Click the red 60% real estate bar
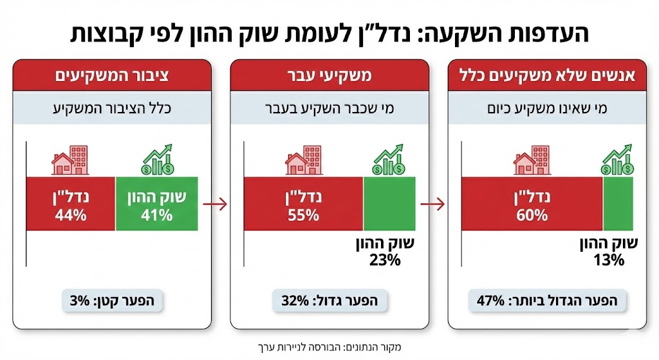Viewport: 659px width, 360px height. (532, 204)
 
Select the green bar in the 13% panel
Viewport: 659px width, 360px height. (618, 204)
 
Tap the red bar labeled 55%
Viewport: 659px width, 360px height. (303, 204)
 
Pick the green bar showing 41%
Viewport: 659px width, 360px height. (156, 204)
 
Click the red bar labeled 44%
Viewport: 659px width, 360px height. (71, 204)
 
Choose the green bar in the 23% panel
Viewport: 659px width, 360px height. (389, 204)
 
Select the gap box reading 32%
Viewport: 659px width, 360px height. (329, 300)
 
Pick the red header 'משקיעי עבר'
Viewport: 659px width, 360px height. (329, 75)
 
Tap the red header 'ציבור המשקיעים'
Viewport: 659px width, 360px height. (111, 75)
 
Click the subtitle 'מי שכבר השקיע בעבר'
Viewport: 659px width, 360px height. (329, 107)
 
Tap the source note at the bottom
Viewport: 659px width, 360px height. (329, 346)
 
